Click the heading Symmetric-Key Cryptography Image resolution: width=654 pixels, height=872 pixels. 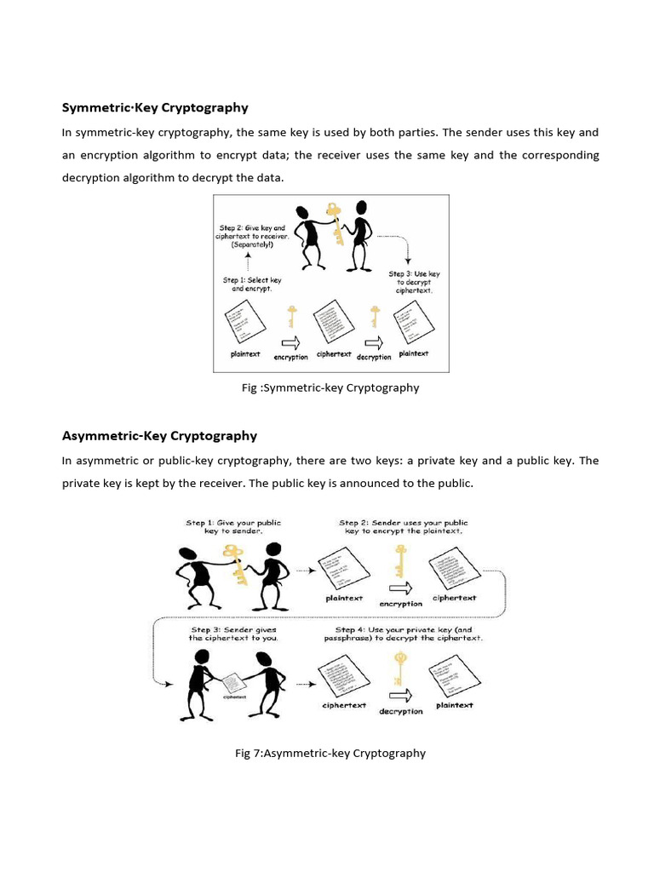point(155,107)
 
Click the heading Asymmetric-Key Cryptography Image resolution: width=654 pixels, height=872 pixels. point(159,435)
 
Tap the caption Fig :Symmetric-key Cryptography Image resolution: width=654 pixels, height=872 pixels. point(330,387)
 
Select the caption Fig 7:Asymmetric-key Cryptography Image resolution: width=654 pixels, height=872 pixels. point(330,753)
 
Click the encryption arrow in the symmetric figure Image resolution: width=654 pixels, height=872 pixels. point(291,342)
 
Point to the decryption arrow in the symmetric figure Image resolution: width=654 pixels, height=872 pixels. point(374,342)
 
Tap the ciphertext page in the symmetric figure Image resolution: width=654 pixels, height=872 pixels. point(333,322)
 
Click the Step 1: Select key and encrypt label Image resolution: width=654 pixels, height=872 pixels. point(252,284)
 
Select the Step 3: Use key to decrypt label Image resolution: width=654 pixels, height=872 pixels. point(415,282)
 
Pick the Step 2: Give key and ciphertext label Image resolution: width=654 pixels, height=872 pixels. point(253,235)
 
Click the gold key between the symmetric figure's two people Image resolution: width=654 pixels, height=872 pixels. point(336,223)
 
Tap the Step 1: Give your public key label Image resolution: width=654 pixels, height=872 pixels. point(233,526)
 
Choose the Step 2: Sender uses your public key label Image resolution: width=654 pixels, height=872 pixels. point(403,526)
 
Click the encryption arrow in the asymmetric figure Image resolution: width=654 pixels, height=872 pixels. point(401,588)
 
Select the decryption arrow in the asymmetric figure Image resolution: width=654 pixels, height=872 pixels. point(401,695)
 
